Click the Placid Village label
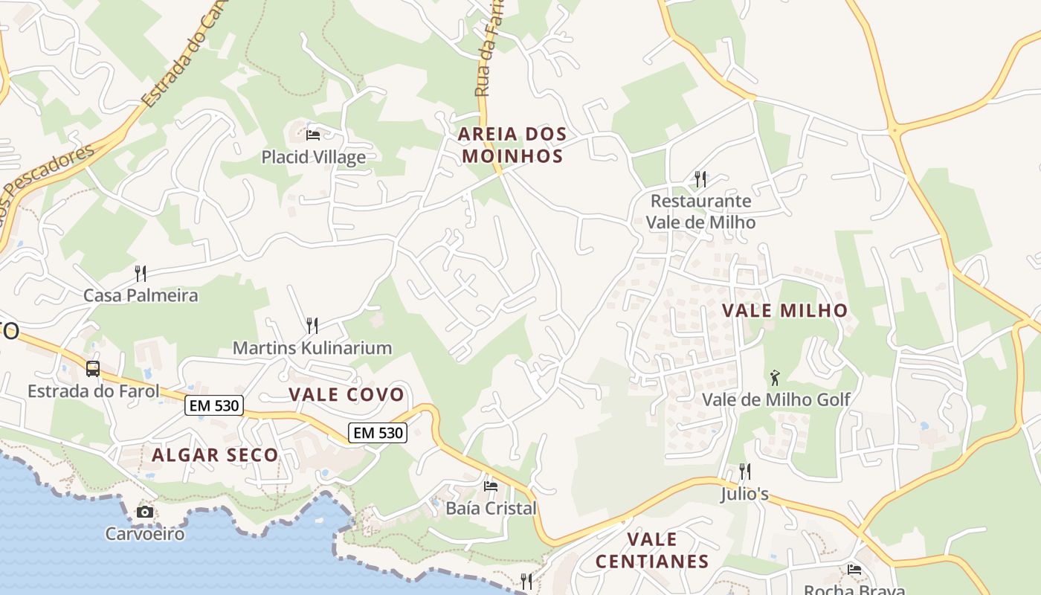[313, 157]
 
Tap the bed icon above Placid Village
[313, 135]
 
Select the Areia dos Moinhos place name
[512, 145]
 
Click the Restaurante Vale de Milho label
[700, 211]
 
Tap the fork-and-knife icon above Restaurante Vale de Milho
[700, 178]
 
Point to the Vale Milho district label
[784, 311]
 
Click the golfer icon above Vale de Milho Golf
[775, 377]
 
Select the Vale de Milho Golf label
[776, 399]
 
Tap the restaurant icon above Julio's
[744, 471]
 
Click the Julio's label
[744, 494]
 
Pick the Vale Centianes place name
[652, 550]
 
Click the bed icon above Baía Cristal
[491, 486]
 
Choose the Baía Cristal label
[491, 509]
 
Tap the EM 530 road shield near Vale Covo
[378, 432]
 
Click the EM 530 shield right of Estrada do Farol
[214, 405]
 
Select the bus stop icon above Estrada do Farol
[93, 368]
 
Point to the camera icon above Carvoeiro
[145, 512]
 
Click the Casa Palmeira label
[141, 295]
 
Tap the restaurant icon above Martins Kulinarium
[312, 325]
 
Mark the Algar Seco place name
[215, 455]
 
